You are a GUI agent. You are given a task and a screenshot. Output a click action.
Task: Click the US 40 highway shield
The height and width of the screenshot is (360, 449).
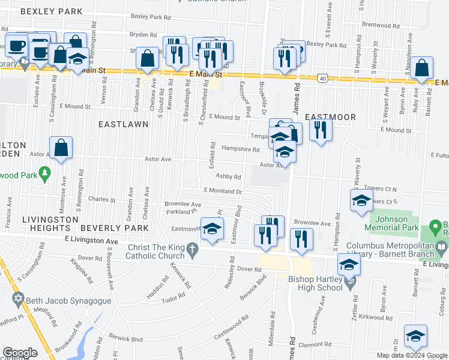pos(324,78)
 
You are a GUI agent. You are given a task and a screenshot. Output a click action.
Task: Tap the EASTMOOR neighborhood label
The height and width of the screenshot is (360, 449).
pos(330,117)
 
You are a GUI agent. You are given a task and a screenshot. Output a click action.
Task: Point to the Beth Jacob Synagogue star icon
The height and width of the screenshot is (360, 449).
pos(17,298)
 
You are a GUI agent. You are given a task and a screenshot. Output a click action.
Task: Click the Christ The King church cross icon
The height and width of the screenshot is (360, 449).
pos(191,249)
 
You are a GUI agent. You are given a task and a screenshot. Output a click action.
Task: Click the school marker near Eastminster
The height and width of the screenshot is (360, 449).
pos(211,230)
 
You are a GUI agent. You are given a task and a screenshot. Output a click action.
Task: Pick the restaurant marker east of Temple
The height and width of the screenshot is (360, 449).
pos(321,130)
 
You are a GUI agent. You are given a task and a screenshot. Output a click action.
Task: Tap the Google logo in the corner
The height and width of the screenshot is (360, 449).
pos(20,353)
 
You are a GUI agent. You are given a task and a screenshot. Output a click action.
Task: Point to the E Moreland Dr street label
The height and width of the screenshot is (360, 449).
pos(223,191)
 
